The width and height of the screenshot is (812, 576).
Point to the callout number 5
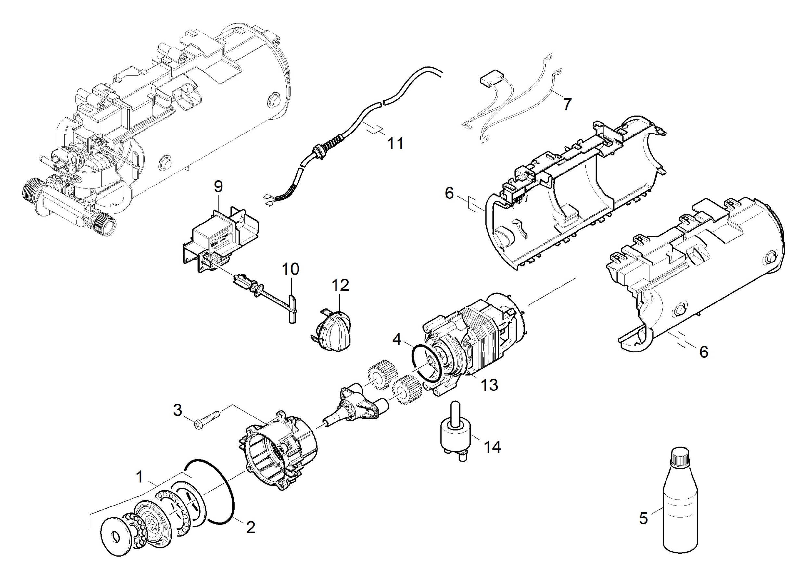(x=643, y=518)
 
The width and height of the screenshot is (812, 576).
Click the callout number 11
(x=395, y=144)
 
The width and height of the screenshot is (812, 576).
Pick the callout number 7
(x=568, y=104)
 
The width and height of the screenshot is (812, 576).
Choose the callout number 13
(x=490, y=385)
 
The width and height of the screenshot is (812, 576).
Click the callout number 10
(x=290, y=269)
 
